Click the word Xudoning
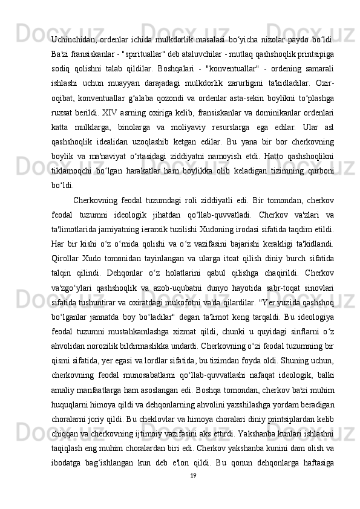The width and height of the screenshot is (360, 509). coord(228,248)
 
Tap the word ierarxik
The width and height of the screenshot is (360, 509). coord(159,248)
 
